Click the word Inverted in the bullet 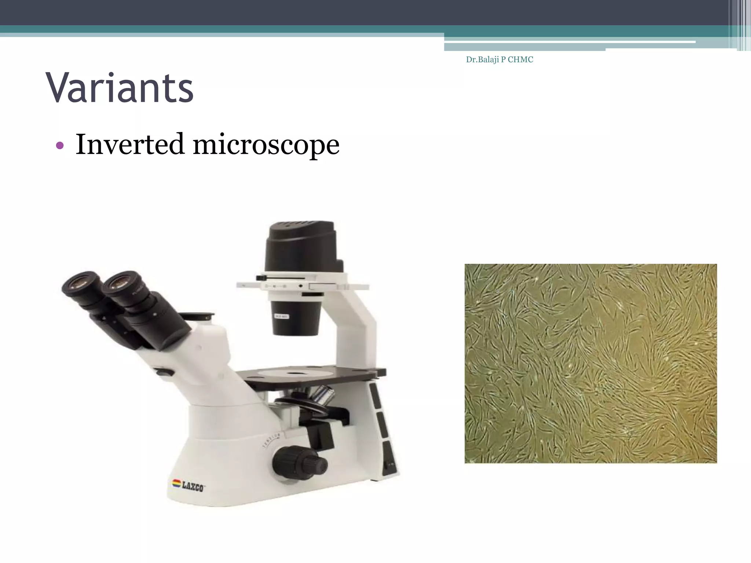[x=129, y=144]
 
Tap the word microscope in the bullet [x=266, y=145]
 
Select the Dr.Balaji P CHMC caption [x=499, y=60]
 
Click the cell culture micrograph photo [x=590, y=363]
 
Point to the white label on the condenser [x=281, y=316]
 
